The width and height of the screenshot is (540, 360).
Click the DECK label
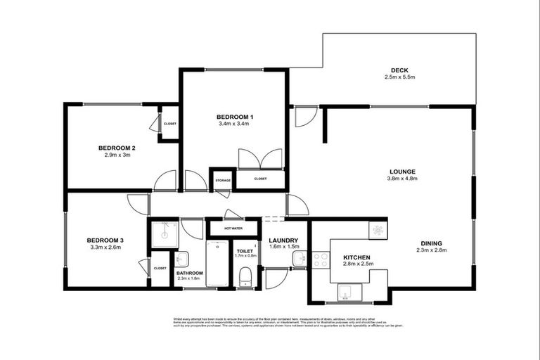[x=401, y=70]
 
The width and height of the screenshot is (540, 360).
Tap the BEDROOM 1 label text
[x=234, y=117]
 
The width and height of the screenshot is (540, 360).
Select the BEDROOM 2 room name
[x=117, y=148]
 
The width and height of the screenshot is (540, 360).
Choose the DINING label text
[x=431, y=243]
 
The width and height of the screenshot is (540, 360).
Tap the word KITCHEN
[x=356, y=257]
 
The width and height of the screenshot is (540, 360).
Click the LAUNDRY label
[x=283, y=240]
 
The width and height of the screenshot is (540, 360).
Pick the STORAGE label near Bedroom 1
[x=222, y=181]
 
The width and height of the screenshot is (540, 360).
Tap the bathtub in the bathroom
[x=217, y=264]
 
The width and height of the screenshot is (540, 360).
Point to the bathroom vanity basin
[x=181, y=258]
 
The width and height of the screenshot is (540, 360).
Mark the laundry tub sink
[x=300, y=259]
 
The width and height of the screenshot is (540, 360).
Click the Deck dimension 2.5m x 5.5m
[x=401, y=77]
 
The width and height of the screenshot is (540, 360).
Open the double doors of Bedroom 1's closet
[x=250, y=160]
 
